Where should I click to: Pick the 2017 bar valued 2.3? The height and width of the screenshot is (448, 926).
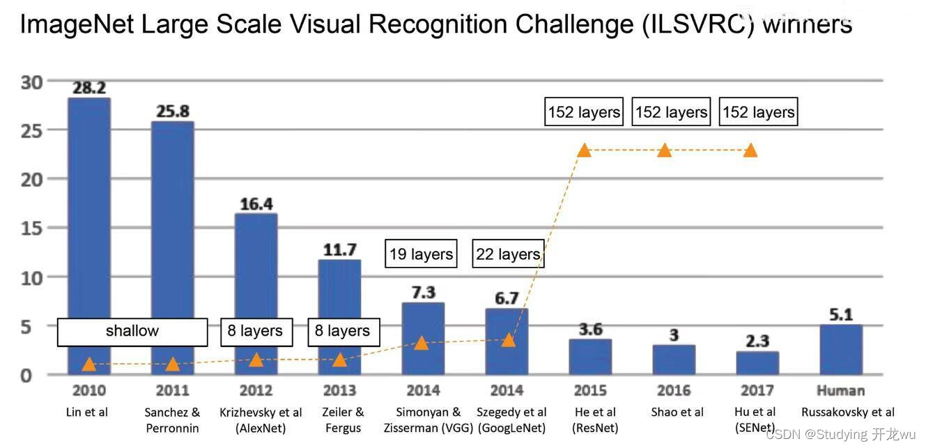tap(757, 363)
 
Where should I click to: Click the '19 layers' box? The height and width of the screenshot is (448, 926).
tap(421, 254)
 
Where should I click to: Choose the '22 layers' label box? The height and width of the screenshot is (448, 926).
tap(508, 254)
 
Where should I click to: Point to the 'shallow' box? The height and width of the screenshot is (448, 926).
tap(132, 332)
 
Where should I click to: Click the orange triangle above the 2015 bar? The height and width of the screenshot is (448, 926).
tap(584, 150)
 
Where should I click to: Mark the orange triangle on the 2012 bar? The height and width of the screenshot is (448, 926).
tap(256, 360)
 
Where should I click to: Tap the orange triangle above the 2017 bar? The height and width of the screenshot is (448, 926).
tap(750, 150)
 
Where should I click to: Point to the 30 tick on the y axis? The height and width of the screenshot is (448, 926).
tap(32, 82)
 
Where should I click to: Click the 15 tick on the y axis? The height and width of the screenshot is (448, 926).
tap(32, 229)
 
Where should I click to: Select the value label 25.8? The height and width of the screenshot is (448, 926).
tap(172, 111)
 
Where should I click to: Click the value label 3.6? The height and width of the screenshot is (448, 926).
tap(590, 330)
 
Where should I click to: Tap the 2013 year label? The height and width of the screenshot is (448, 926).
tap(339, 390)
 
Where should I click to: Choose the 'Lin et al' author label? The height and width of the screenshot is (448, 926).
tap(87, 412)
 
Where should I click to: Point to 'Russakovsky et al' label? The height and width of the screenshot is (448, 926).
tap(847, 412)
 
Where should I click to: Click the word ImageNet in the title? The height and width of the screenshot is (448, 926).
tap(75, 24)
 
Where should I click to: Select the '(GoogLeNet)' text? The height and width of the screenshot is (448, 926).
tap(512, 428)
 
